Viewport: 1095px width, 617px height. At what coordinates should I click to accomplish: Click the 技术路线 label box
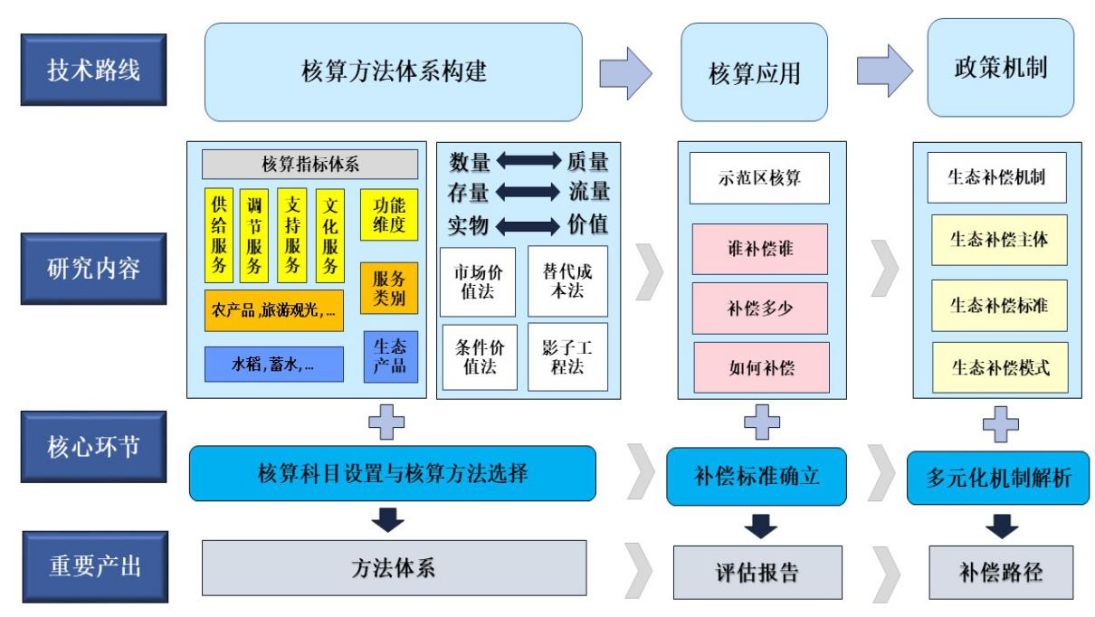93,70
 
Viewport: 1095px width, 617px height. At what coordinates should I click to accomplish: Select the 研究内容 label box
93,269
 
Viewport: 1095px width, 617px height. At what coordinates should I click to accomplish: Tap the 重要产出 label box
94,566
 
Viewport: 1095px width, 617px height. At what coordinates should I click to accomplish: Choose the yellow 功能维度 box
389,214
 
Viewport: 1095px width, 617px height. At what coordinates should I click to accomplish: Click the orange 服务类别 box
389,288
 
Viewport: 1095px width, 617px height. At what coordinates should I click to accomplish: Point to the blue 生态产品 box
390,356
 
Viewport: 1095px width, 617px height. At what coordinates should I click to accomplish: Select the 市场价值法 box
477,281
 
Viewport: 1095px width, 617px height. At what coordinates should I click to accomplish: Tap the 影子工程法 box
567,356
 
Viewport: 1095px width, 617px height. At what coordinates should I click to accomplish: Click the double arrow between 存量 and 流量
528,192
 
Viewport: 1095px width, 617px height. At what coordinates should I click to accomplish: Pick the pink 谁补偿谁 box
760,249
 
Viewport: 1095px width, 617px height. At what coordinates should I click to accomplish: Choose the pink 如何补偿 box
760,367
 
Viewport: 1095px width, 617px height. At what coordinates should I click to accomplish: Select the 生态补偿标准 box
998,305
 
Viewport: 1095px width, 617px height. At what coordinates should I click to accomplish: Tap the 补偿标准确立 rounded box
757,476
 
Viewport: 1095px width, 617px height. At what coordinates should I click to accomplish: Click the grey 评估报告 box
757,572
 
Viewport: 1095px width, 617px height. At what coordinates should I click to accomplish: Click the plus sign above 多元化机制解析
1000,423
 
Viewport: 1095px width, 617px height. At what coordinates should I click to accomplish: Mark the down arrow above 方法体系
387,520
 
